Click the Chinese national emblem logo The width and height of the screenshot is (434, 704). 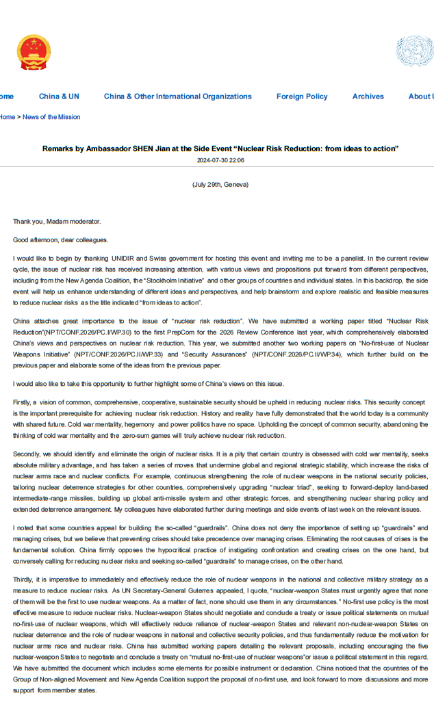pyautogui.click(x=34, y=53)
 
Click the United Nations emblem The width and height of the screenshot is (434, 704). pyautogui.click(x=413, y=51)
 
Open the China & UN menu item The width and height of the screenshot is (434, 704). pyautogui.click(x=59, y=96)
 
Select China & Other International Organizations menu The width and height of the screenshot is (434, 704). pyautogui.click(x=177, y=96)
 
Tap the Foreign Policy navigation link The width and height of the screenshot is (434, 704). pyautogui.click(x=302, y=96)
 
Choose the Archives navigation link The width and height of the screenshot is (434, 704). pyautogui.click(x=368, y=96)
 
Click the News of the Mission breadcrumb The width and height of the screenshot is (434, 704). pyautogui.click(x=51, y=117)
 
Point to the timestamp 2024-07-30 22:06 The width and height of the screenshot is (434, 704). pyautogui.click(x=220, y=161)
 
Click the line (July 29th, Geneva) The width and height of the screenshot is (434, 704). pyautogui.click(x=220, y=185)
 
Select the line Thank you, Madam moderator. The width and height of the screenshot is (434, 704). pyautogui.click(x=57, y=222)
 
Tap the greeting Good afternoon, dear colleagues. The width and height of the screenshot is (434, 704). pyautogui.click(x=60, y=240)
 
